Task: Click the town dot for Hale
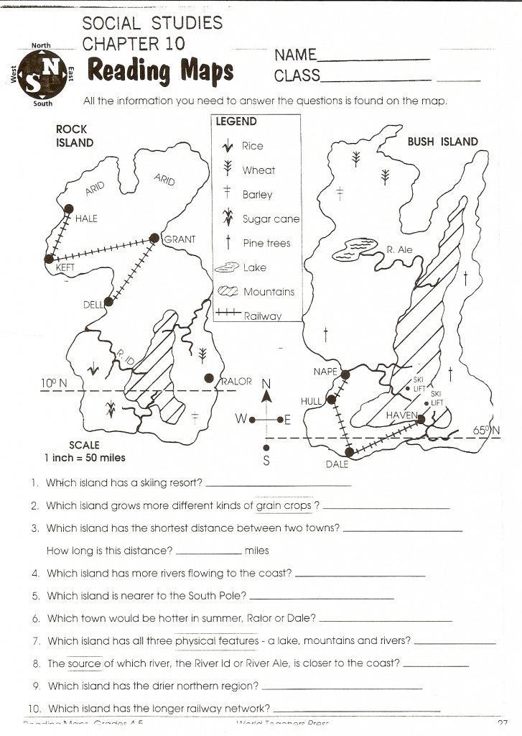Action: [69, 208]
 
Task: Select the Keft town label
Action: [65, 268]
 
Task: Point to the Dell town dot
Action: [108, 303]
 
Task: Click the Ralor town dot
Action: [209, 378]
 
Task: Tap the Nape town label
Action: [325, 372]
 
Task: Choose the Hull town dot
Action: [331, 400]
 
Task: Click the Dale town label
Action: [337, 464]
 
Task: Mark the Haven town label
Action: [401, 416]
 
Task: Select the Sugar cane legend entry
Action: [271, 218]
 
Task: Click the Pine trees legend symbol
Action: [228, 243]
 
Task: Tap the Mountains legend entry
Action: [269, 292]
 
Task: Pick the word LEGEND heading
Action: [236, 122]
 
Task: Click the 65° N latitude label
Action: [487, 431]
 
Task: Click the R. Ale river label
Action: [400, 250]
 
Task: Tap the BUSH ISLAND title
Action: [442, 142]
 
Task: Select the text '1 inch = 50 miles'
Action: [84, 457]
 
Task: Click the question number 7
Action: [36, 640]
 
